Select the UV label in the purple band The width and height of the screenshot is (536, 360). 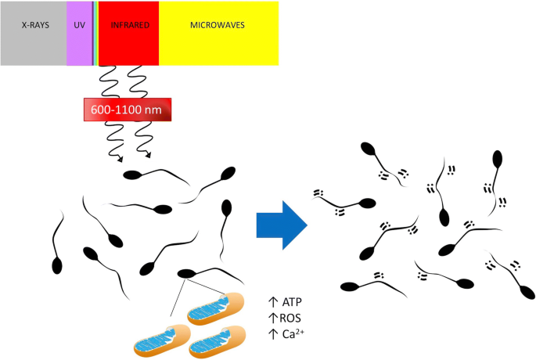[x=79, y=25]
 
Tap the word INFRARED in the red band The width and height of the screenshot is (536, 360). [x=130, y=25]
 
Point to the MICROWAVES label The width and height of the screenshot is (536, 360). [x=218, y=25]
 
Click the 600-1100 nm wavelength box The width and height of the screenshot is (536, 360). [x=128, y=110]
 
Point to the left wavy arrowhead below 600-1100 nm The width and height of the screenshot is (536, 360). [x=120, y=160]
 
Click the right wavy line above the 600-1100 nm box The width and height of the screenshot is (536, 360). [x=135, y=81]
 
